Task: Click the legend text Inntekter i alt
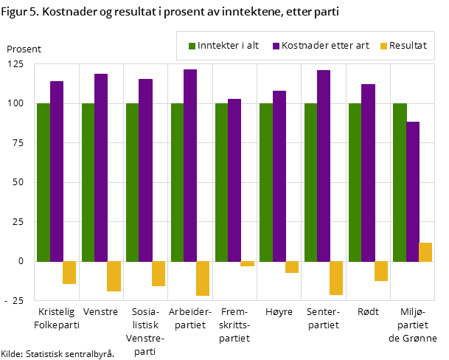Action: click(228, 46)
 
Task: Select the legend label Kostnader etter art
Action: click(321, 46)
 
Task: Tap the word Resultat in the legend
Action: click(408, 46)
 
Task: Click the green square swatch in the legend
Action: click(192, 46)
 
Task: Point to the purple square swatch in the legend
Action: click(276, 46)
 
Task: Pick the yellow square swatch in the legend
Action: click(383, 46)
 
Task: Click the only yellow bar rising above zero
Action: click(425, 252)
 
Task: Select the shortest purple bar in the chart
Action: click(413, 191)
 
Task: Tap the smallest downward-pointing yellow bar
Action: click(247, 263)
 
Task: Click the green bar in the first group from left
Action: click(43, 182)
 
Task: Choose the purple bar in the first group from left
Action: click(57, 171)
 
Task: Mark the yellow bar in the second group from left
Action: click(114, 276)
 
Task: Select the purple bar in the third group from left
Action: click(145, 170)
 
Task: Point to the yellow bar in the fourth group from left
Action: click(203, 278)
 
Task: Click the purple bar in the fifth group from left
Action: click(234, 180)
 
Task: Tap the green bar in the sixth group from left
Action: click(266, 182)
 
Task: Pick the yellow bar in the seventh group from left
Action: click(336, 278)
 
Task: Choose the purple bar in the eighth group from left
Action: click(368, 173)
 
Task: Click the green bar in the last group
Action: click(400, 182)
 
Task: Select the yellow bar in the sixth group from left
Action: click(292, 267)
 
